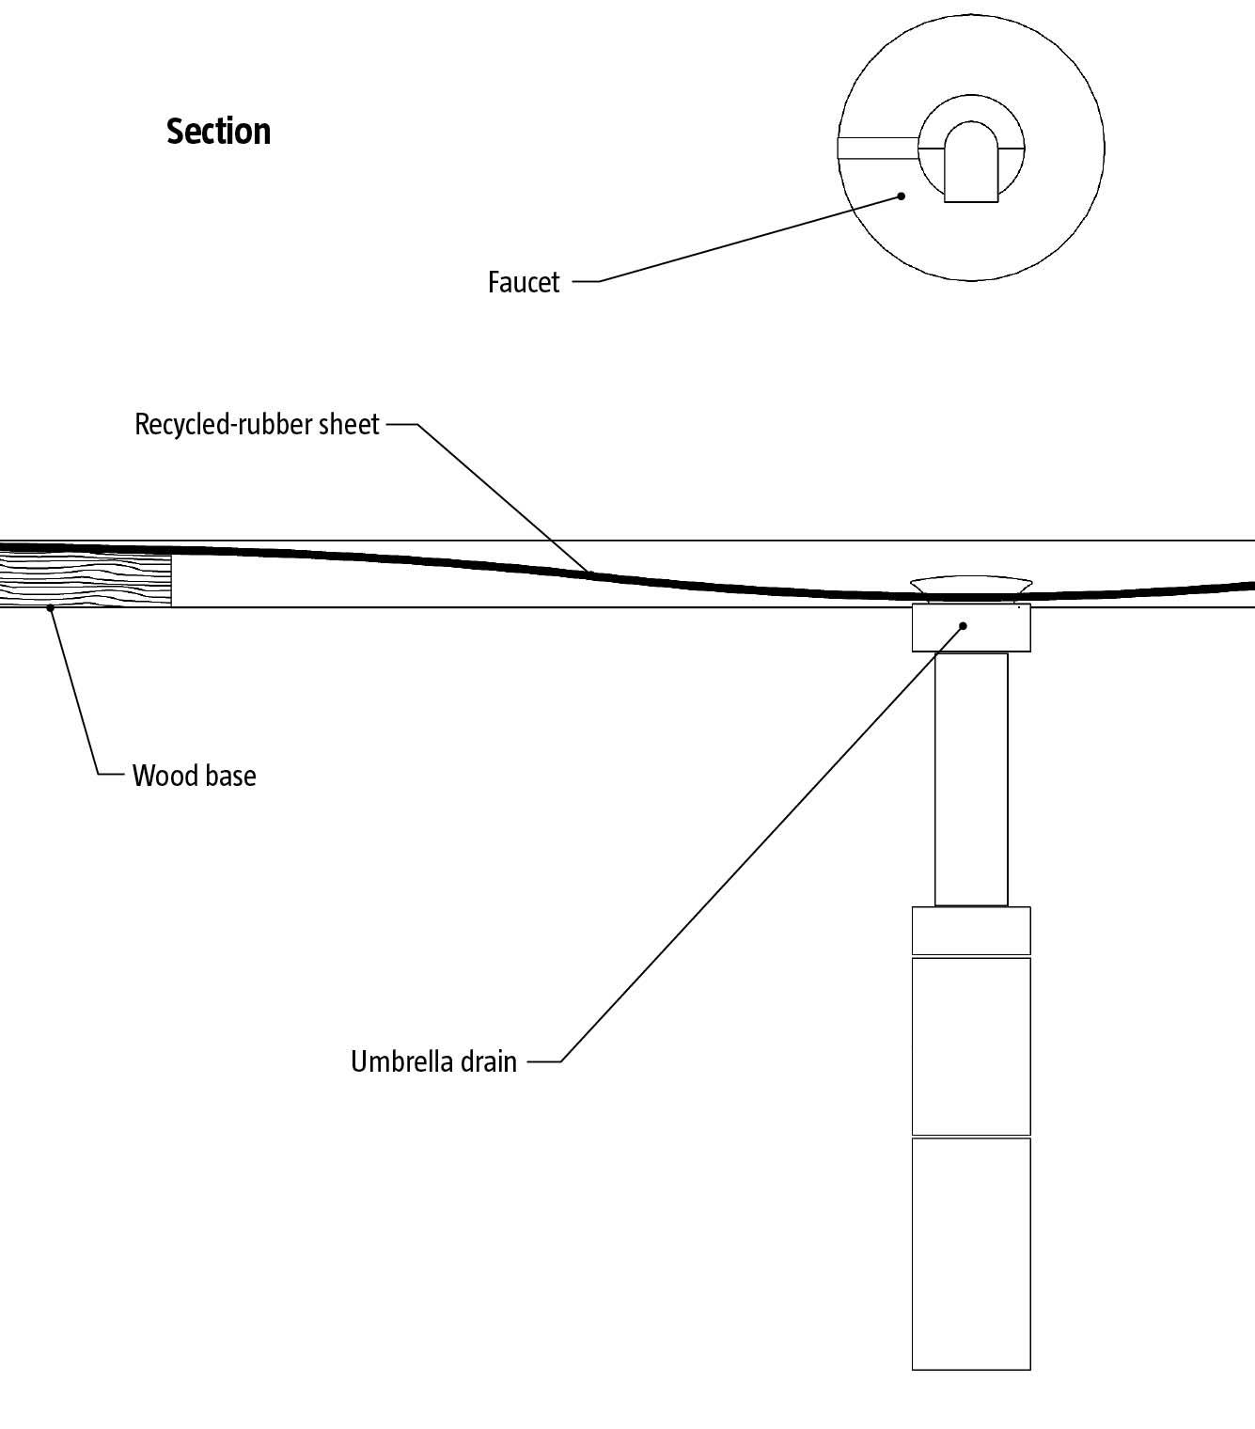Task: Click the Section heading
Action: tap(218, 132)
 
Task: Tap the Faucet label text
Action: tap(523, 282)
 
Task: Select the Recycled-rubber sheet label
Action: tap(256, 425)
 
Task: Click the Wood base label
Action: tap(194, 776)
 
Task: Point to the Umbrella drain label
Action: tap(433, 1061)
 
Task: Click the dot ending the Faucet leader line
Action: tap(902, 196)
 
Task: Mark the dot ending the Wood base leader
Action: tap(51, 608)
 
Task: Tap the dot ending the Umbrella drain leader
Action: tap(963, 625)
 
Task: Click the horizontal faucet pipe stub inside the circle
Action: tap(878, 148)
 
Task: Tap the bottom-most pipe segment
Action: tap(971, 1253)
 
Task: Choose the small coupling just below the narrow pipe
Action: tap(971, 931)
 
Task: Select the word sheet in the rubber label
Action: tap(349, 425)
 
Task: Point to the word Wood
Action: tap(157, 776)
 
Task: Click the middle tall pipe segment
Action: tap(971, 1045)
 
